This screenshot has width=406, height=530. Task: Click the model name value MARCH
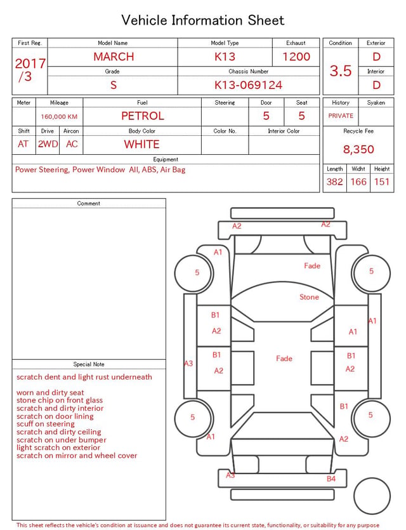point(114,56)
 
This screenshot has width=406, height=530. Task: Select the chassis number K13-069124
point(248,85)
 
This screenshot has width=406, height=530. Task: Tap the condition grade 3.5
point(341,70)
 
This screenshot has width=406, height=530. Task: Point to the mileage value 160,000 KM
point(59,117)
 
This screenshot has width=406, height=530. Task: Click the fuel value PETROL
point(143,116)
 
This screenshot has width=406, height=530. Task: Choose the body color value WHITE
point(141,144)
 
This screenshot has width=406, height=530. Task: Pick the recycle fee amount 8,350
point(358,149)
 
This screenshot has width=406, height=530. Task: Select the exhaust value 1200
point(296,56)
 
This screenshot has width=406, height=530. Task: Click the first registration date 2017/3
point(30,70)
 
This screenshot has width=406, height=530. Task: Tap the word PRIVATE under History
point(341,116)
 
